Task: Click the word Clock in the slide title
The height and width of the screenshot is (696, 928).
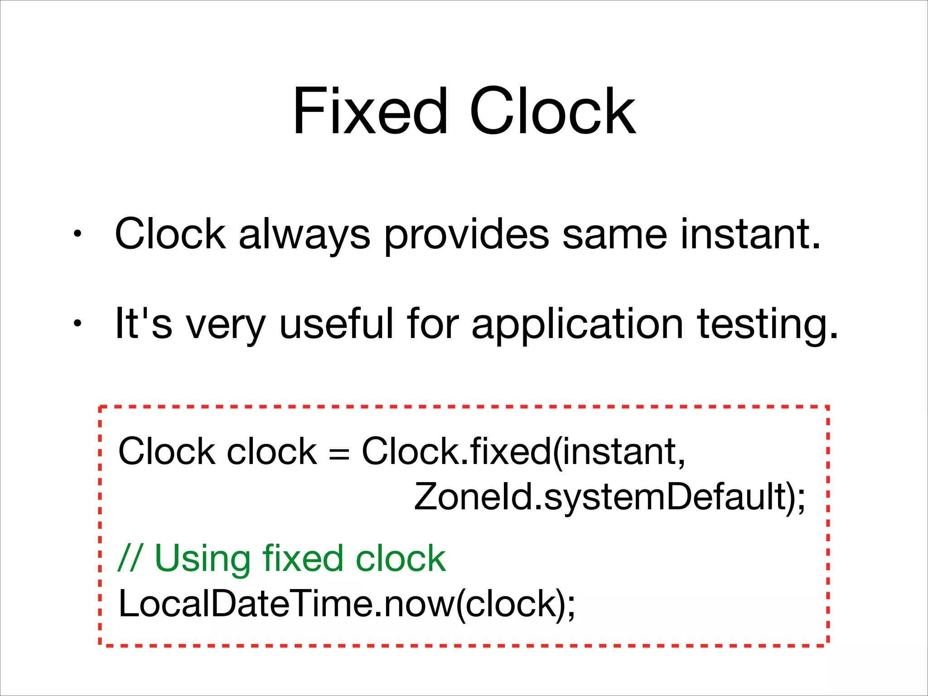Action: click(552, 112)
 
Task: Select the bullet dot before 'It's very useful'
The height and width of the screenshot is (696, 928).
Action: click(77, 324)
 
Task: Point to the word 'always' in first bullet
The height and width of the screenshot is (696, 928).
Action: click(304, 235)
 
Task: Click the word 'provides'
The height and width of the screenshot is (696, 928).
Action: click(467, 235)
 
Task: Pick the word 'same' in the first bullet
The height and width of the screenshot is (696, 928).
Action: click(614, 235)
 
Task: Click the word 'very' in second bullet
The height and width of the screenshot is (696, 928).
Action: click(226, 324)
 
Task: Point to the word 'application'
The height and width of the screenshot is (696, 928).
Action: click(577, 324)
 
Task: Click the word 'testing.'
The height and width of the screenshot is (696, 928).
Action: click(768, 324)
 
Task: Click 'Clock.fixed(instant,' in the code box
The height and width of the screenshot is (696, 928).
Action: click(523, 452)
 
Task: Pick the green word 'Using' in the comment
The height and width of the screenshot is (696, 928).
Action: click(203, 558)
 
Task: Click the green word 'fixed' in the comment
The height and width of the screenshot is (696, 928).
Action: click(303, 558)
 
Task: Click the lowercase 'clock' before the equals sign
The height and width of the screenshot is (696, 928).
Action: click(271, 452)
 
